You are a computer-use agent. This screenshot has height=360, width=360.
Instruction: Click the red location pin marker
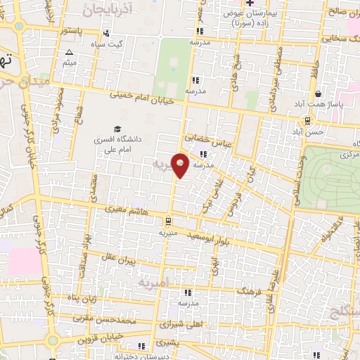[181, 165]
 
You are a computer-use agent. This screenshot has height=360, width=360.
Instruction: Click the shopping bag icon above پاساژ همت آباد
[319, 94]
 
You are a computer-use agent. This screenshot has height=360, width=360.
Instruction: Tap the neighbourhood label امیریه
[149, 283]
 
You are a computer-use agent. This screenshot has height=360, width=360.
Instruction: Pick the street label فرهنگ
[250, 290]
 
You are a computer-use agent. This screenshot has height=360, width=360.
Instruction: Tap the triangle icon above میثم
[69, 53]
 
